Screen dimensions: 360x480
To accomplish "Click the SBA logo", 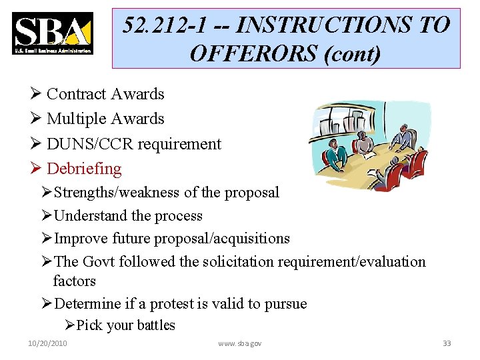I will pyautogui.click(x=52, y=33).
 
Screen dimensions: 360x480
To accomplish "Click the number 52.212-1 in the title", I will pyautogui.click(x=165, y=25).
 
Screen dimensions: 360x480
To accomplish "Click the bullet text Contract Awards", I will pyautogui.click(x=105, y=94).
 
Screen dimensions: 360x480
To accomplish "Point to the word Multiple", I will pyautogui.click(x=77, y=119).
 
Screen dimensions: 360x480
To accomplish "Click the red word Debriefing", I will pyautogui.click(x=84, y=169).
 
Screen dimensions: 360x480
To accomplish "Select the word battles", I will pyautogui.click(x=157, y=325).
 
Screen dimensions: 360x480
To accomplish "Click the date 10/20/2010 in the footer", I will pyautogui.click(x=48, y=343).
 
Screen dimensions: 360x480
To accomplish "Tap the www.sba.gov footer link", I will pyautogui.click(x=240, y=343).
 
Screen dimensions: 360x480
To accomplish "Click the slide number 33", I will pyautogui.click(x=447, y=343).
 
